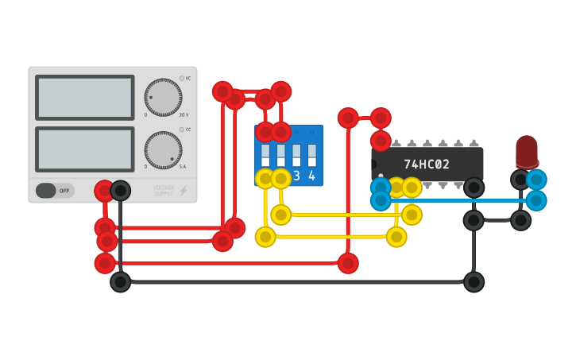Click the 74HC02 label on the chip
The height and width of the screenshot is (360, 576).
tap(427, 165)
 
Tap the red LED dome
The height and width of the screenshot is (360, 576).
tap(526, 149)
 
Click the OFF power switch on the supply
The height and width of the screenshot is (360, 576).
tap(55, 191)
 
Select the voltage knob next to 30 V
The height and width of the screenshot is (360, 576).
tap(163, 98)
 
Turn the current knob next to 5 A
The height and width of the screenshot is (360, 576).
tap(163, 150)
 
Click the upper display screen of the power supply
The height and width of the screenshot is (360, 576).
tap(85, 98)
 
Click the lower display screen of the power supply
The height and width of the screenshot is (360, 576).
tap(85, 149)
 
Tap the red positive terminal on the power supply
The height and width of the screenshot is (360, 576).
tap(104, 191)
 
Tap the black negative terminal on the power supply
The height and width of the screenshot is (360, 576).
tap(120, 191)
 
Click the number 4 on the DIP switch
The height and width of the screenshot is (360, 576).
tap(312, 176)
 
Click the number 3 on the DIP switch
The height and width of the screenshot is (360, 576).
tap(296, 176)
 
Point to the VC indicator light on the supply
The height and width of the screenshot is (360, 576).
tap(181, 78)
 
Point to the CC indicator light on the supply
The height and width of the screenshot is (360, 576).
tap(181, 129)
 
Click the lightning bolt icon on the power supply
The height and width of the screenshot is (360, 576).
tap(184, 191)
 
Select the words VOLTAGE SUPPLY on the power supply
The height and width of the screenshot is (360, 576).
tap(163, 191)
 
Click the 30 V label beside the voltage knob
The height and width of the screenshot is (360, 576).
tap(182, 114)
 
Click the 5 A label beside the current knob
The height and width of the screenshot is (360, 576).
tap(182, 166)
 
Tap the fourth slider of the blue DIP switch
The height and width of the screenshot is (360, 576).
tap(312, 153)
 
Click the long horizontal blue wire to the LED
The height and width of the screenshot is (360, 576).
tap(461, 200)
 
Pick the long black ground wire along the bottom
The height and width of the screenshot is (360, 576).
tap(294, 282)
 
